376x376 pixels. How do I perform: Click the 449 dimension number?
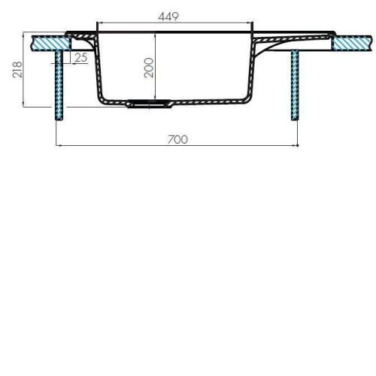pos(168,17)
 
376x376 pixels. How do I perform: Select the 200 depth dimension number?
pos(149,68)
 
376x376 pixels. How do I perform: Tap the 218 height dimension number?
pos(17,69)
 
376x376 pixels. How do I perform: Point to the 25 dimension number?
pos(81,57)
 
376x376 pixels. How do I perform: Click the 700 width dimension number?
pos(177,139)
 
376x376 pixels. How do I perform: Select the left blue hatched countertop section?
pos(50,43)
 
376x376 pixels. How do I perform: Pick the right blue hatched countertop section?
pos(352,44)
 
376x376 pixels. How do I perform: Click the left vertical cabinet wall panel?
pos(59,85)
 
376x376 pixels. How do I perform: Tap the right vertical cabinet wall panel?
pos(295,85)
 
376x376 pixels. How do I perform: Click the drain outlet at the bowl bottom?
pos(150,104)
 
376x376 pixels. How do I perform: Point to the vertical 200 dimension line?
pos(156,66)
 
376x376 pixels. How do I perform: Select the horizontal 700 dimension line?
pos(177,145)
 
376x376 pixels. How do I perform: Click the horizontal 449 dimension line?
pos(174,23)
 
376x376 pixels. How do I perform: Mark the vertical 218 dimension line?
pos(23,69)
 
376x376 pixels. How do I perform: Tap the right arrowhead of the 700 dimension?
pos(297,145)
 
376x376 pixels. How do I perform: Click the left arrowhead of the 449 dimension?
pos(99,23)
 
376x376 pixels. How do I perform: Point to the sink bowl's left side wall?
pos(98,68)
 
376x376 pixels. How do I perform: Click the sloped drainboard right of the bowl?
pos(292,38)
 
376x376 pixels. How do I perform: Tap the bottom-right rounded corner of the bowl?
pos(247,100)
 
